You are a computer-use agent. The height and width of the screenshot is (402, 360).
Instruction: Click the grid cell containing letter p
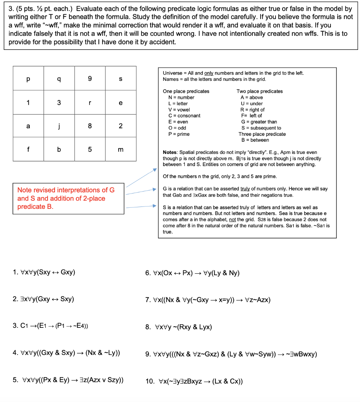click(28, 79)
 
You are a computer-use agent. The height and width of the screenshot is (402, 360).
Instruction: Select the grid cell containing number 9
click(90, 79)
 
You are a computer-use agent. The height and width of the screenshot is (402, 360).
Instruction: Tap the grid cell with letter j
click(59, 126)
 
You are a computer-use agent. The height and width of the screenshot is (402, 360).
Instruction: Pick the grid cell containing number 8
click(90, 126)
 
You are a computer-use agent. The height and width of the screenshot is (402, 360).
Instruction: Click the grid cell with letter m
click(121, 150)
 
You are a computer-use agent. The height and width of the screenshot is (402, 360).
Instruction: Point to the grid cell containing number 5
click(90, 150)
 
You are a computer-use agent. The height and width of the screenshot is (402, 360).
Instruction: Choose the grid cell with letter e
click(121, 103)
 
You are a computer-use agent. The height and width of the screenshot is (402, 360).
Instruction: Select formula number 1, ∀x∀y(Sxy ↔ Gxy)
click(44, 272)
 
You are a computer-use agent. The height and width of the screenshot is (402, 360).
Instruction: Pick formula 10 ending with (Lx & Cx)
click(194, 381)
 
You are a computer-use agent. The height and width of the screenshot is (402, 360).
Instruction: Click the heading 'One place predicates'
click(186, 91)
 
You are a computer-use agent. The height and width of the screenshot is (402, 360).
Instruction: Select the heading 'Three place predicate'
click(262, 134)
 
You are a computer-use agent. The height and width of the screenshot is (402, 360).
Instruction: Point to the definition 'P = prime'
click(179, 134)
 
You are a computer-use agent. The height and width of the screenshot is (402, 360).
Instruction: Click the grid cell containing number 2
click(121, 126)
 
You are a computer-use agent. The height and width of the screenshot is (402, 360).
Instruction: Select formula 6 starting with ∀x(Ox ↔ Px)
click(192, 273)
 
